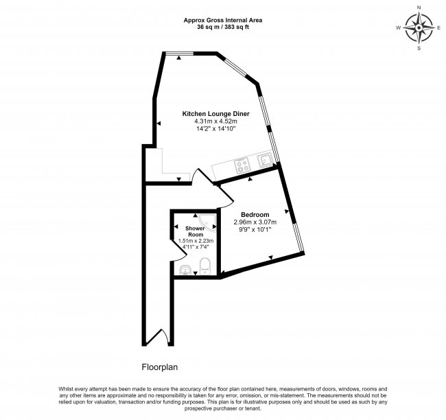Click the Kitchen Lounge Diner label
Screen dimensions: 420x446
[215, 113]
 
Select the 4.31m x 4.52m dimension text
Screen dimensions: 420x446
[215, 122]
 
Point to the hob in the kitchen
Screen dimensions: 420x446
[242, 164]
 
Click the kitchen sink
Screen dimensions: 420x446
[264, 161]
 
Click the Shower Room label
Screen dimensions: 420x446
[196, 231]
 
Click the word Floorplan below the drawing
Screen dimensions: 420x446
[160, 367]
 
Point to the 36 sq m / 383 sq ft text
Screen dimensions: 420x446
[224, 28]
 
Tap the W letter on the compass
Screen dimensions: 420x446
[398, 29]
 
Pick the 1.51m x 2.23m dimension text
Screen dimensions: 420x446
[196, 241]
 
